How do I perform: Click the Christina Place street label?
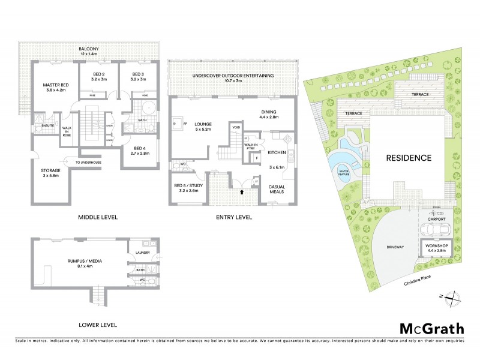tap(419, 282)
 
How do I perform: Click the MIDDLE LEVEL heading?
tap(98, 217)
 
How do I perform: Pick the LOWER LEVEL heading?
tap(97, 325)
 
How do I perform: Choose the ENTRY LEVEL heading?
tap(233, 217)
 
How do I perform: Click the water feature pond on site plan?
tap(344, 175)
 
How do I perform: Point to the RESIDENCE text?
tap(408, 158)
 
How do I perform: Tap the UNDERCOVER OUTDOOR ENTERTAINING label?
tap(233, 76)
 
